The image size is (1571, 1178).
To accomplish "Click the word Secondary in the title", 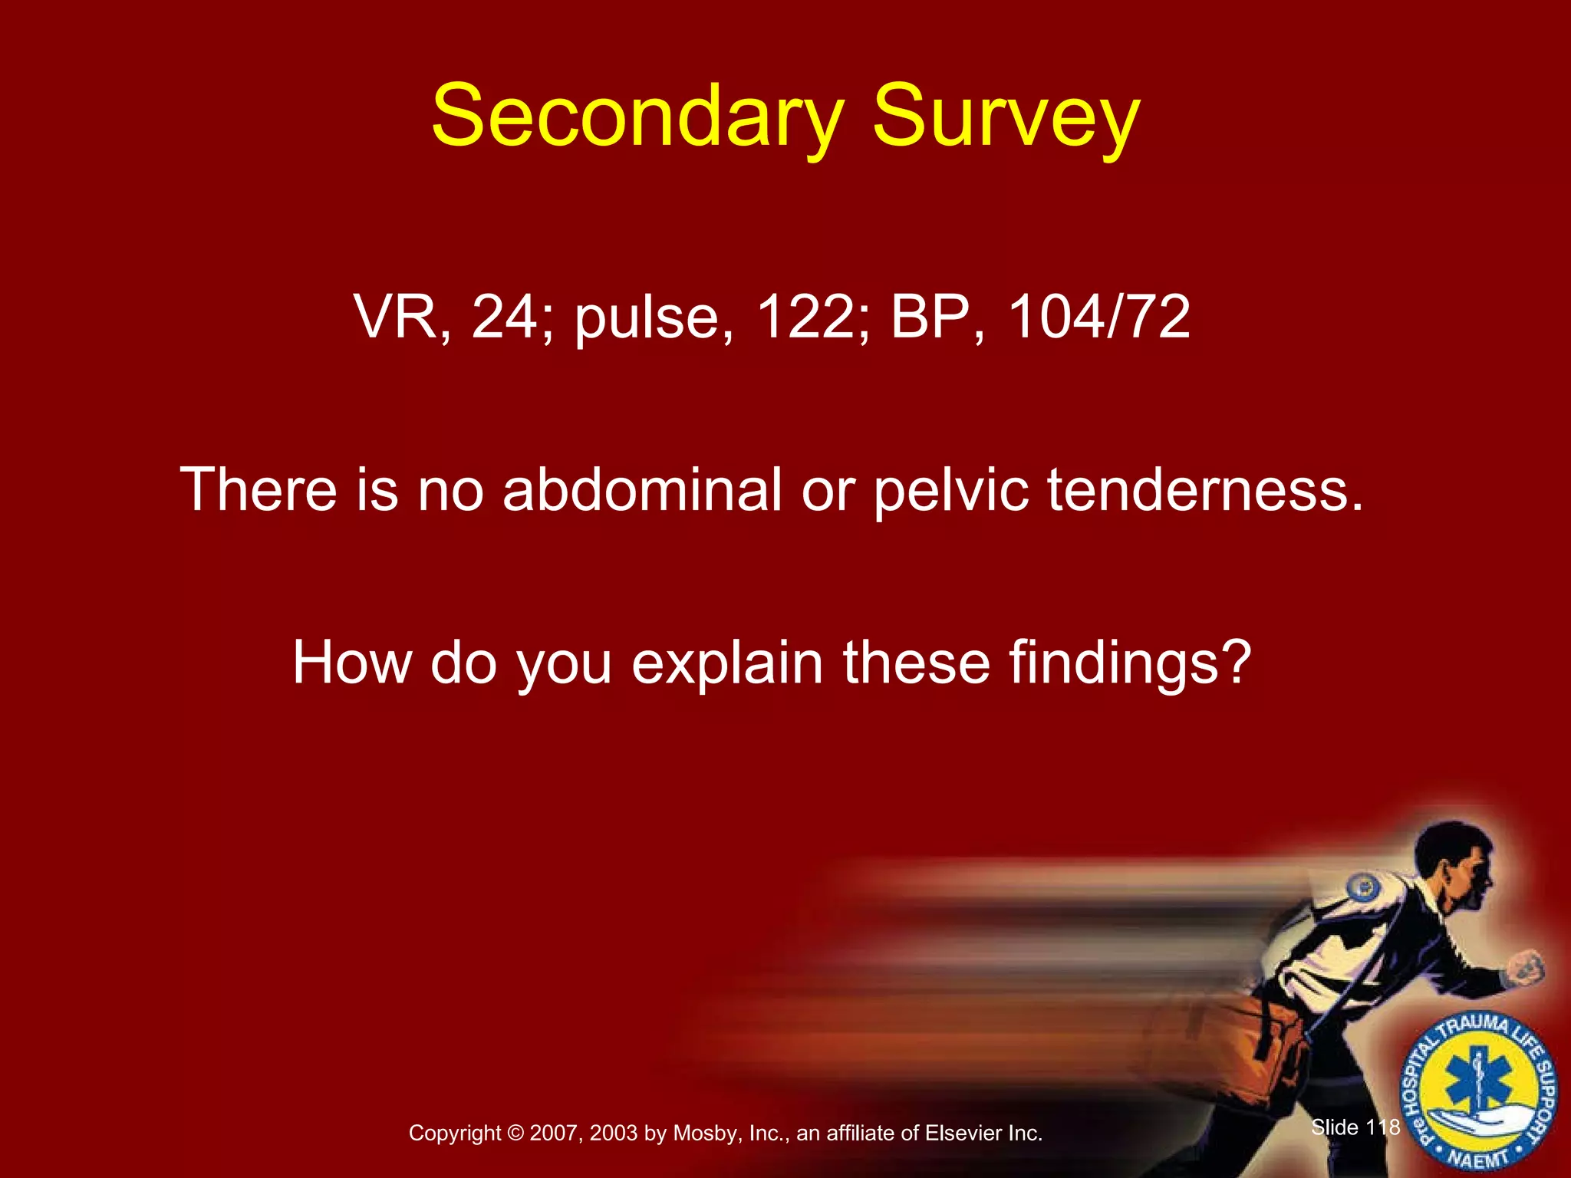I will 637,117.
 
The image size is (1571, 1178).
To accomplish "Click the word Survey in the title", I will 1006,117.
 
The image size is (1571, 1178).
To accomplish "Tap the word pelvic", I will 951,491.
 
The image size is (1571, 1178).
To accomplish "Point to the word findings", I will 1129,663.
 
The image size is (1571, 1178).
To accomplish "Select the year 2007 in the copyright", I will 554,1134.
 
